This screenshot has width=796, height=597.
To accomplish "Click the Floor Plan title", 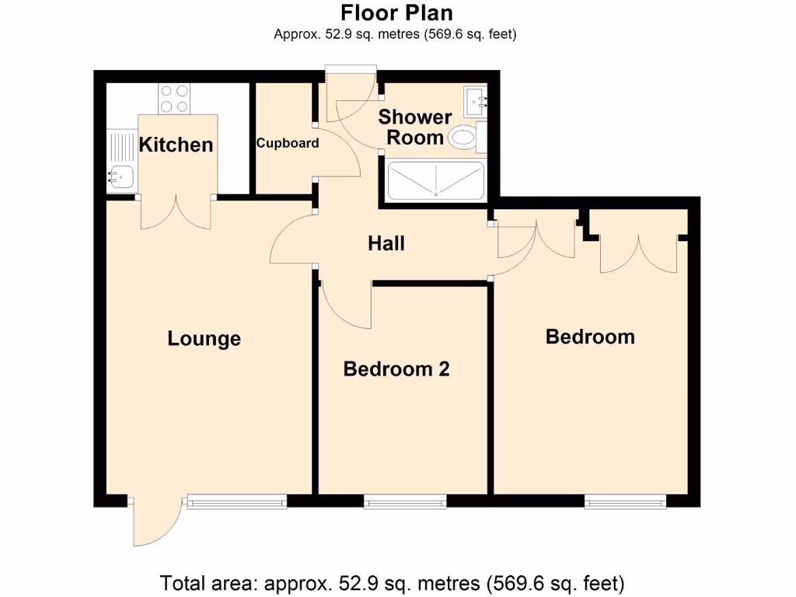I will coord(396,13).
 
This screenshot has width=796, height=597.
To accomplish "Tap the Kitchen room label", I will coord(176,145).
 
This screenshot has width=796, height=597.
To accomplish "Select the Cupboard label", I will coord(288,143).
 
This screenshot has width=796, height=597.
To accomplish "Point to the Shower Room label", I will coord(415,127).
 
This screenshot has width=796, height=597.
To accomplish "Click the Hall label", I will coord(386,243).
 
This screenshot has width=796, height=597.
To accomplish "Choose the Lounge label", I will coord(204,339).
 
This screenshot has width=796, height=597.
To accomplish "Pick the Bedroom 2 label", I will coord(396,369).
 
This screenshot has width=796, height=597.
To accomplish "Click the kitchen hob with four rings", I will coord(175,98).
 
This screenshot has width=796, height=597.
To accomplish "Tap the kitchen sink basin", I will coord(121,178).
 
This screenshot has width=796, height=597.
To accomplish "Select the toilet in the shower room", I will coord(464,138).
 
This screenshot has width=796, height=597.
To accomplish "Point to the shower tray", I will coord(435,180).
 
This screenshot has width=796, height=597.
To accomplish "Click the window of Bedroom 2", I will coord(405,502).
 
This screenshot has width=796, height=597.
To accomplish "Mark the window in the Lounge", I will coord(236,502).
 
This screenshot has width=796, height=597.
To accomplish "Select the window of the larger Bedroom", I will coord(626,502).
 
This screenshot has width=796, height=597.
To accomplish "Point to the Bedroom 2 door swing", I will coord(342,299).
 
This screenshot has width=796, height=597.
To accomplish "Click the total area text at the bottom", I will coord(392,582).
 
